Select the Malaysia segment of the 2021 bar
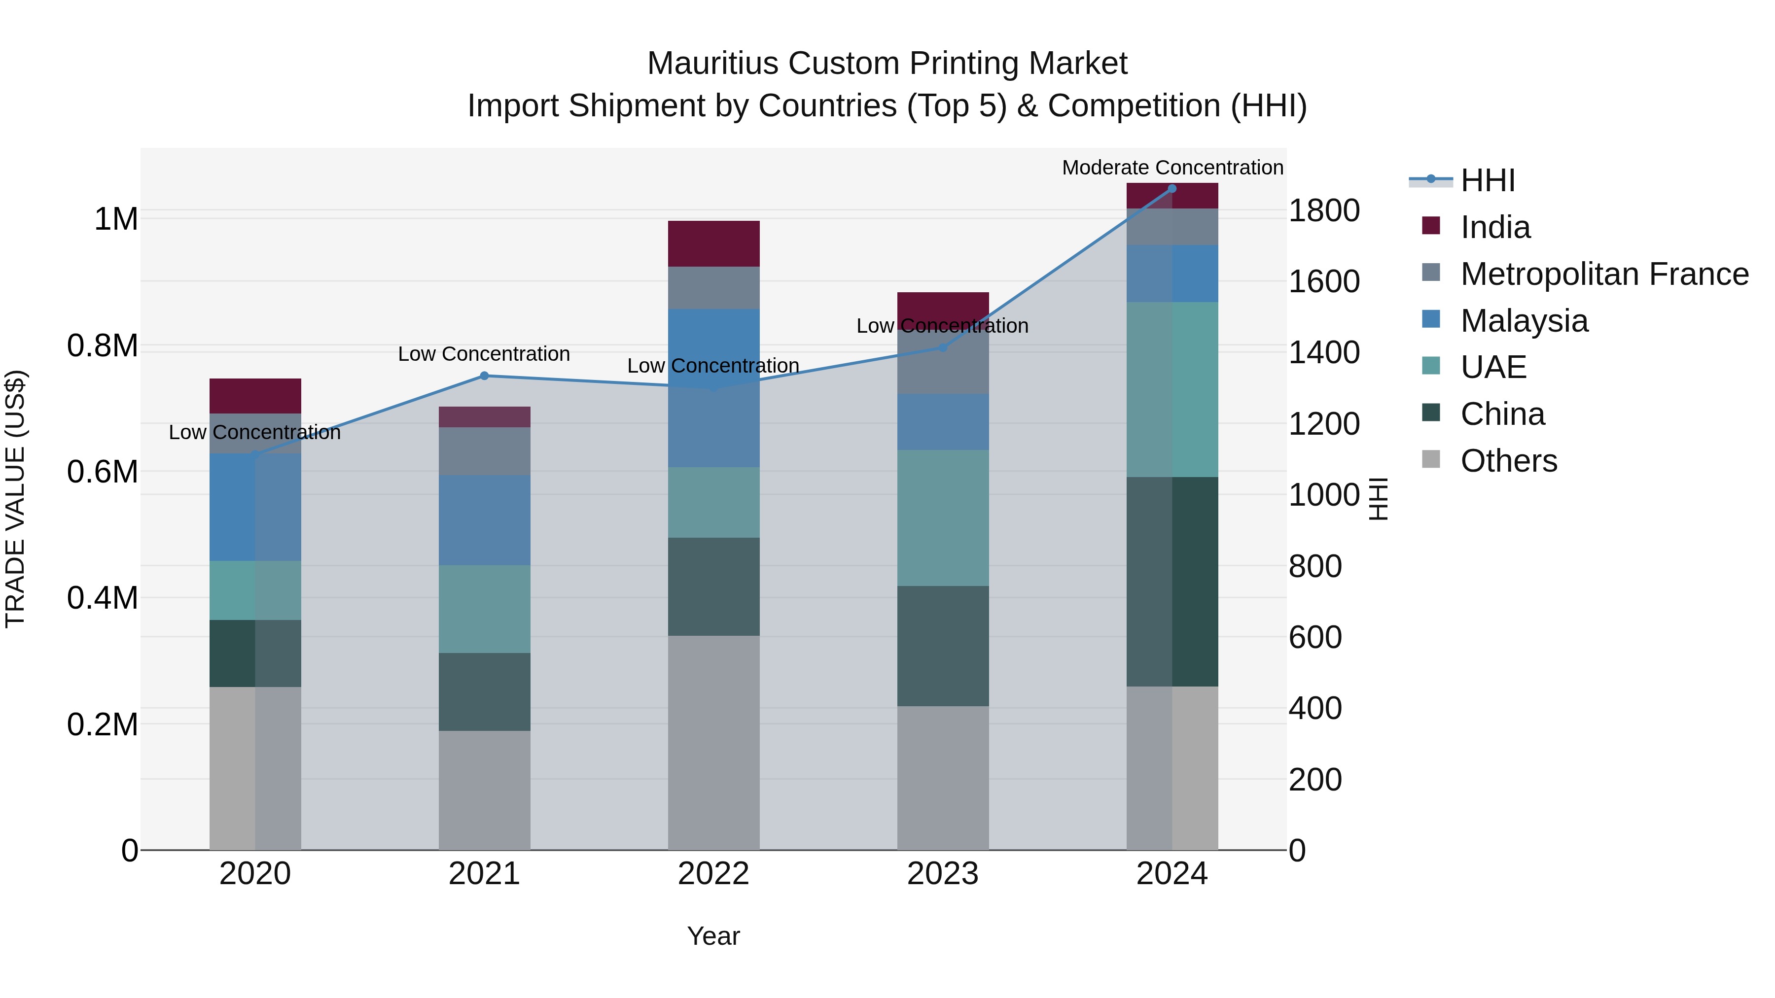point(484,520)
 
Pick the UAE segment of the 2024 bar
point(1172,389)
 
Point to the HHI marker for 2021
point(484,376)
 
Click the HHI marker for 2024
point(1172,189)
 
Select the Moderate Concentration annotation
point(1172,168)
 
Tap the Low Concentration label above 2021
point(484,354)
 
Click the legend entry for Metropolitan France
point(1604,274)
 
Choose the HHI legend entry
point(1487,180)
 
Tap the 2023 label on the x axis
point(943,874)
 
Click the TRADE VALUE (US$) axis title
point(15,499)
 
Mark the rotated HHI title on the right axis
point(1378,499)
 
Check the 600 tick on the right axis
point(1314,637)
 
